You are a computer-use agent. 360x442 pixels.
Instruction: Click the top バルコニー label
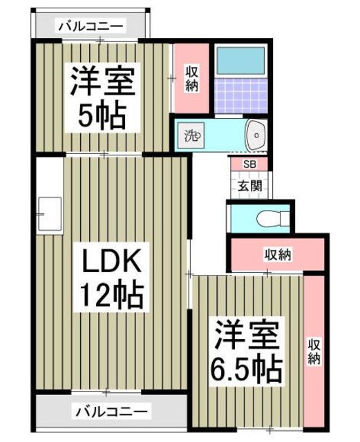(91, 26)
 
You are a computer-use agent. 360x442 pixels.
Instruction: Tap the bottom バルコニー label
(111, 412)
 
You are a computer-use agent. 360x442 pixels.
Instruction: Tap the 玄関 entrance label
(249, 186)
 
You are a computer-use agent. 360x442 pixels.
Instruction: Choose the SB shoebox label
(249, 164)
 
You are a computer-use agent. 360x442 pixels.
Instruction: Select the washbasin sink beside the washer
(256, 135)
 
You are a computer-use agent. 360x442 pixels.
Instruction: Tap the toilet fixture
(272, 218)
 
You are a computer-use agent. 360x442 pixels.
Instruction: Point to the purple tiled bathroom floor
(240, 95)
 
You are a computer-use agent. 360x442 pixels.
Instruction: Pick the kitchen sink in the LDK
(50, 214)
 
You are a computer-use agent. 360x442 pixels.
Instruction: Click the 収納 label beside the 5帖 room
(192, 78)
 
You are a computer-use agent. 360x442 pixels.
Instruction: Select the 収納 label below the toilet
(278, 254)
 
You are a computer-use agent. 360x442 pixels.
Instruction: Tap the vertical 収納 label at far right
(314, 352)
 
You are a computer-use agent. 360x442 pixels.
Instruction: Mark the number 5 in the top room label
(85, 115)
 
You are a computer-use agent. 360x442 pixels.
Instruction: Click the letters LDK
(111, 260)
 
